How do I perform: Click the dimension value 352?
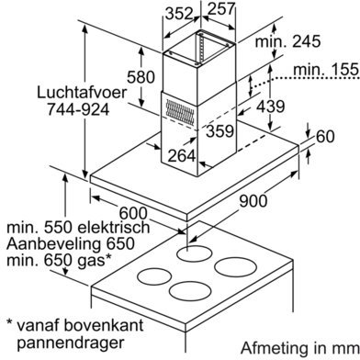tap(179, 14)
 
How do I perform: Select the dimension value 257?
tap(221, 8)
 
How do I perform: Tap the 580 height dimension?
tap(141, 77)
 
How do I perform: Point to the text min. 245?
tap(287, 41)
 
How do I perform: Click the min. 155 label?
tap(326, 70)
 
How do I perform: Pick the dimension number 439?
tap(270, 107)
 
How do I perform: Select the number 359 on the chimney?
tap(220, 131)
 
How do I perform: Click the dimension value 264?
tap(182, 156)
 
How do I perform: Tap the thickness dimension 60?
tap(325, 137)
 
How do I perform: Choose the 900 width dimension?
tap(253, 201)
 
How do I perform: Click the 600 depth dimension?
tap(133, 213)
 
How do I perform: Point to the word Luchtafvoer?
tap(82, 93)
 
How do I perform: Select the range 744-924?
tap(78, 109)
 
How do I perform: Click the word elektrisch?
tap(113, 228)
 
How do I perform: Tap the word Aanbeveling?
tap(53, 245)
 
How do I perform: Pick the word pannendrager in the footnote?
tap(71, 343)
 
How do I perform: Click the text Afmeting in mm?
tap(299, 348)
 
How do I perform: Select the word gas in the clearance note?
tap(88, 262)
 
